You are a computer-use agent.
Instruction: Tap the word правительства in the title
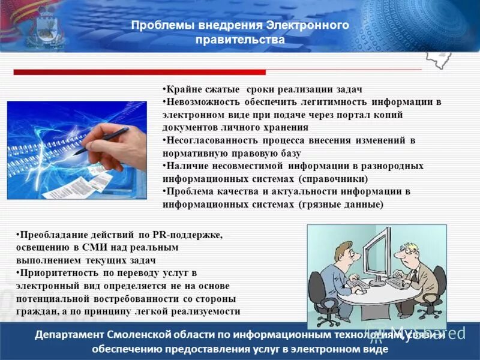click(x=240, y=40)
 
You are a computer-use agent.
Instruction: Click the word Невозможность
click(x=203, y=102)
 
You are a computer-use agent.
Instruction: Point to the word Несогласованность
click(x=209, y=140)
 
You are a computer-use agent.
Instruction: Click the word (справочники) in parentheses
click(x=333, y=179)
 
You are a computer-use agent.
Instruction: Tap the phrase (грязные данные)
click(x=340, y=204)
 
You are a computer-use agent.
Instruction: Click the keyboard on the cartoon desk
click(x=397, y=282)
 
